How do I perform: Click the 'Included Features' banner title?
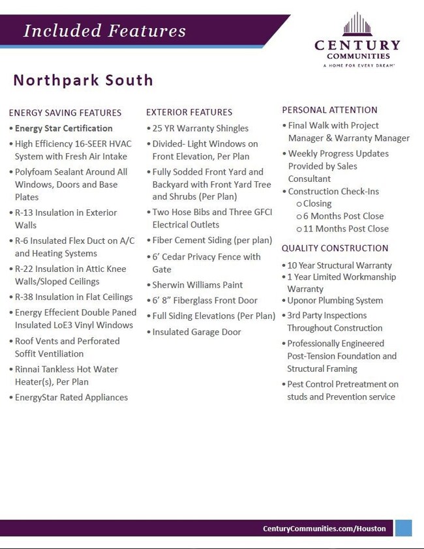tap(104, 31)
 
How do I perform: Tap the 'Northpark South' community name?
tap(83, 80)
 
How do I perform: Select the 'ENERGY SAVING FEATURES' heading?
tap(65, 113)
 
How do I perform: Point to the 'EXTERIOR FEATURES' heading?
tap(189, 112)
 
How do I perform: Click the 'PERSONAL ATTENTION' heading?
tap(329, 110)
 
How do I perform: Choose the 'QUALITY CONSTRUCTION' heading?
tap(335, 248)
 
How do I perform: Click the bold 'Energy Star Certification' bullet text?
tap(64, 128)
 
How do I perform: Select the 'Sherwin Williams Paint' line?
tap(198, 285)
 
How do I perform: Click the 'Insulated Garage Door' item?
tap(196, 332)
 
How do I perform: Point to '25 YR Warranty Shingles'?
tap(200, 128)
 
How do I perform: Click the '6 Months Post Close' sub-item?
tap(343, 216)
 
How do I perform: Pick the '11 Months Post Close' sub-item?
tap(346, 229)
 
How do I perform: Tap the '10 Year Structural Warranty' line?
tap(339, 265)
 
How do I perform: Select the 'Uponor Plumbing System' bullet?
tap(335, 301)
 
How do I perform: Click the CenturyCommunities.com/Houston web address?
tap(324, 528)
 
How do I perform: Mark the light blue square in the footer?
tap(404, 527)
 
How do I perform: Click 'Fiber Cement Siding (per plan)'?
tap(212, 241)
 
